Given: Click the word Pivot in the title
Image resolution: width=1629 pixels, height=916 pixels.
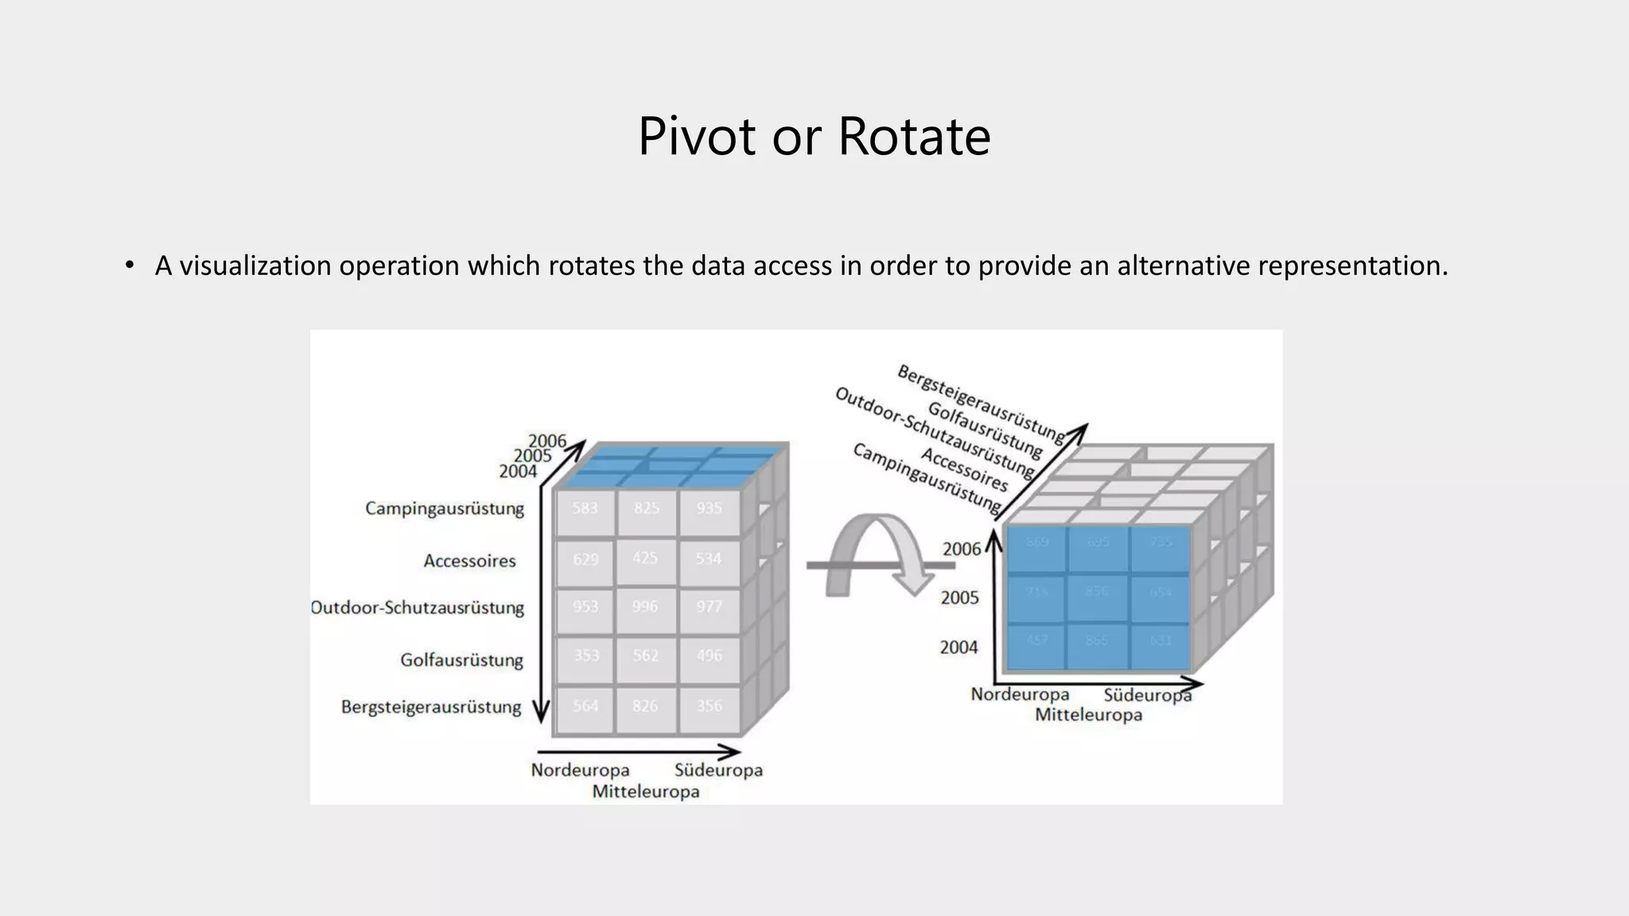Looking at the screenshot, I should [696, 136].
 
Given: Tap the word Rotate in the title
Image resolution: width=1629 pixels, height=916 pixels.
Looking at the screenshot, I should [914, 136].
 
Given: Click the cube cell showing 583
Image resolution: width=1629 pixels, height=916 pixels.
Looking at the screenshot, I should [585, 509].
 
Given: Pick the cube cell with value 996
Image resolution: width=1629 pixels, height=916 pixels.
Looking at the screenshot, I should [645, 607].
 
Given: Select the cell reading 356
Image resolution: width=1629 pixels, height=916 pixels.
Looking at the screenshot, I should [709, 706].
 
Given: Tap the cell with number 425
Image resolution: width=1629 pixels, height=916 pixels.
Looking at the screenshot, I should [645, 558].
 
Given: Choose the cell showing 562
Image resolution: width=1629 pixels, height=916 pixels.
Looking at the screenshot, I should [645, 655].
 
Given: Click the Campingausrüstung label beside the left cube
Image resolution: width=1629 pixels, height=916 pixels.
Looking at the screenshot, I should [445, 509].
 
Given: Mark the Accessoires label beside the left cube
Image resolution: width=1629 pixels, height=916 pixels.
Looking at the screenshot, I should [469, 561].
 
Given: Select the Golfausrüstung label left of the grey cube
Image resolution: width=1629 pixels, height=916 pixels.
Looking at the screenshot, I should [461, 660].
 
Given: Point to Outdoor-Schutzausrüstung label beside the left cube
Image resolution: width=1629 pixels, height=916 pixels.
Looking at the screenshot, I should [418, 608].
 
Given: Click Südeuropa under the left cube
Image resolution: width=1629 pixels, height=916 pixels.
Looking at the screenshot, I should [718, 770].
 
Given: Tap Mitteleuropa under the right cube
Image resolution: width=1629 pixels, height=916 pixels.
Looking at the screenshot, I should [1088, 715].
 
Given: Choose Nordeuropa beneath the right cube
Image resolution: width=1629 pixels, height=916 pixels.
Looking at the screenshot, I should [1020, 695].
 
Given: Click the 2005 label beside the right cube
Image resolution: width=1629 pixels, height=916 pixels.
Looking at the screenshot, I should [960, 598].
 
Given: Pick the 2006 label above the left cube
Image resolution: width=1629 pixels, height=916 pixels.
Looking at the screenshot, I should [547, 441].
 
